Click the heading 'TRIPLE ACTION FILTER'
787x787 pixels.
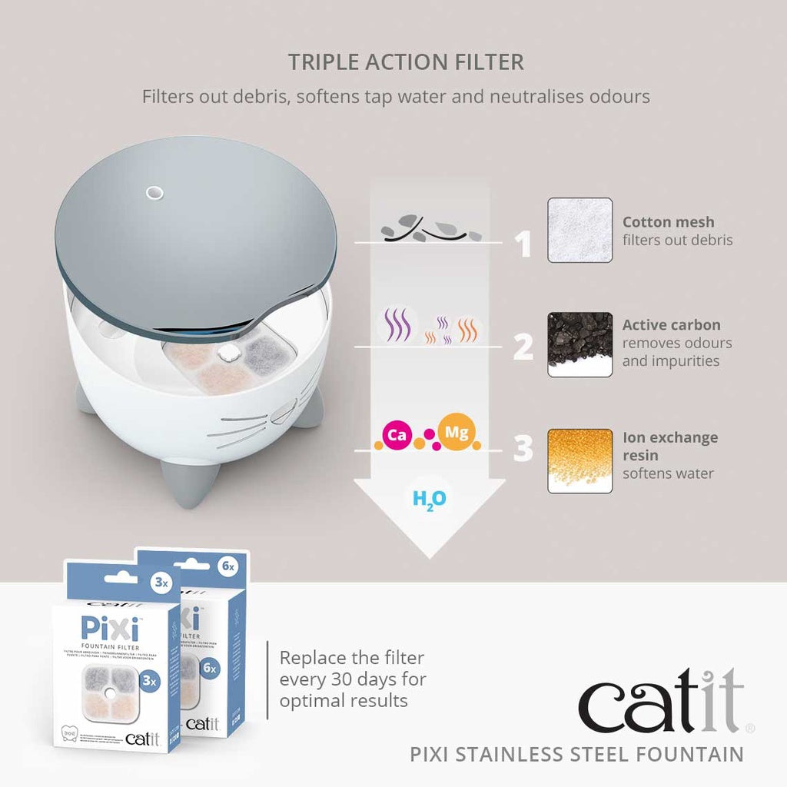(x=406, y=62)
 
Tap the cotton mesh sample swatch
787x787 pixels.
(x=579, y=231)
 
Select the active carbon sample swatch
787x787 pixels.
(x=579, y=344)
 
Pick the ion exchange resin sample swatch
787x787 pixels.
(x=579, y=460)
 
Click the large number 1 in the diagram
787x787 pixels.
(x=523, y=244)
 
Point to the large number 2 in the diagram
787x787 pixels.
(x=523, y=347)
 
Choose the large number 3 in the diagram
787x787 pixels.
(x=523, y=450)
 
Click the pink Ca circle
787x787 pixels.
(x=397, y=436)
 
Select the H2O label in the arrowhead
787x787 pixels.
(x=429, y=500)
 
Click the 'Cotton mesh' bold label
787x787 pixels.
(x=668, y=222)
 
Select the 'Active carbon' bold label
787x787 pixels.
(x=671, y=325)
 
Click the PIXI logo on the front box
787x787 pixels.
(x=109, y=629)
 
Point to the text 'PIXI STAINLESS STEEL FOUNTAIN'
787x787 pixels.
(x=576, y=754)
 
